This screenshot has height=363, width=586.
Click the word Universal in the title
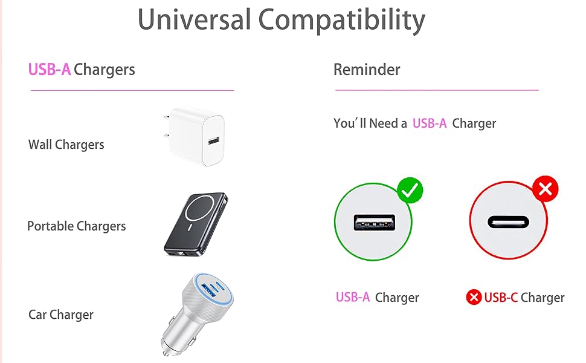click(194, 20)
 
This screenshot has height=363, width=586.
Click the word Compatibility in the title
click(342, 20)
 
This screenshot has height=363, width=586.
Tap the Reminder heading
click(367, 70)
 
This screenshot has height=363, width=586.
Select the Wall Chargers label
click(66, 145)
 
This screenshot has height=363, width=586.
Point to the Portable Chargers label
click(77, 226)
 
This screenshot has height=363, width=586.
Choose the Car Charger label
click(61, 315)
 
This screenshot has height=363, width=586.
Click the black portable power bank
click(197, 223)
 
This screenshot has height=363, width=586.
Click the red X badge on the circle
click(545, 190)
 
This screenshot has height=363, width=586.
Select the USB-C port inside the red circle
click(508, 222)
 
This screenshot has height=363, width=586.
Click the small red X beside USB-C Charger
click(474, 298)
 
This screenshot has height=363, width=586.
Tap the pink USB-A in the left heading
click(50, 70)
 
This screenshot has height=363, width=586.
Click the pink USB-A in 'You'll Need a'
click(430, 123)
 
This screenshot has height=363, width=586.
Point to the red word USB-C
click(501, 298)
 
